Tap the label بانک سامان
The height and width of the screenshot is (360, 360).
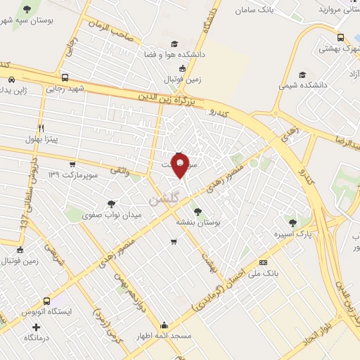(x=254, y=10)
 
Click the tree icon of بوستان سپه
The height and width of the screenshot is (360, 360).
(x=27, y=8)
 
